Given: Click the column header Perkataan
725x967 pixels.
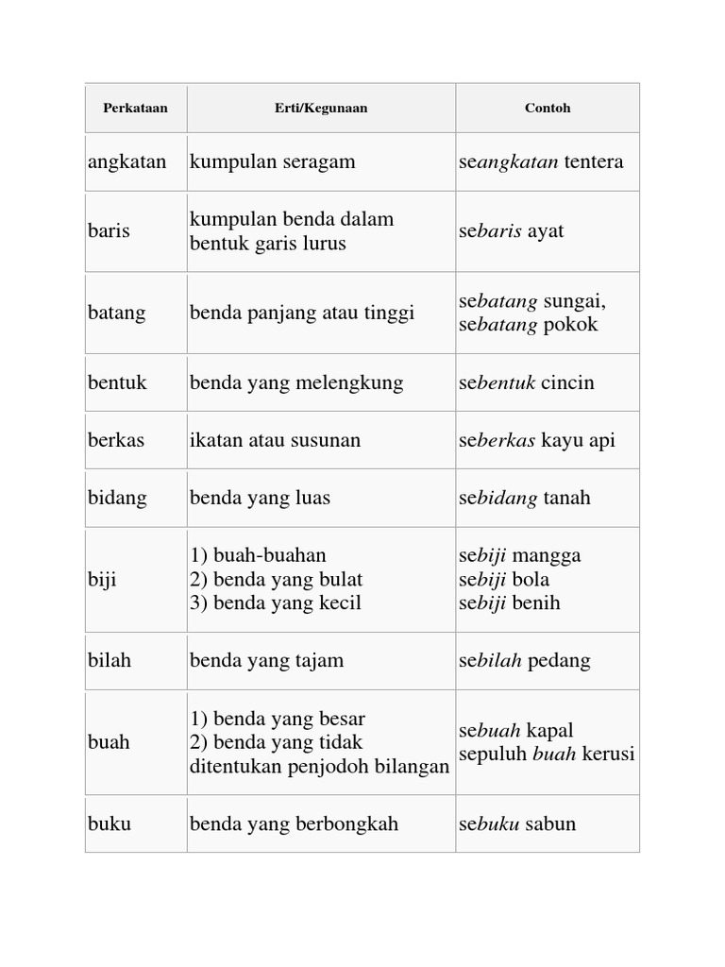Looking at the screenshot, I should (x=135, y=108).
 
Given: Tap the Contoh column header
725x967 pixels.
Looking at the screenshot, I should (x=548, y=108).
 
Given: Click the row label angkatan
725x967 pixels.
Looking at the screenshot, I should (x=126, y=161).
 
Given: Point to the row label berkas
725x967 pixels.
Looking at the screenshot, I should (x=116, y=440).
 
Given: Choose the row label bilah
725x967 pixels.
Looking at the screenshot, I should (x=110, y=660).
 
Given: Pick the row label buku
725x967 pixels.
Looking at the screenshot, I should (x=110, y=823).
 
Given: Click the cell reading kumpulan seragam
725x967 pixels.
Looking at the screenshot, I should (x=273, y=161).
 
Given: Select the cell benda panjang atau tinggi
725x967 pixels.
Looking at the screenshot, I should (x=302, y=313).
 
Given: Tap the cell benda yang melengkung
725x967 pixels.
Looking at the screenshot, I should (x=296, y=382).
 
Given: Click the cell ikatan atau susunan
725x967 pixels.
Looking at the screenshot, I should (x=275, y=440).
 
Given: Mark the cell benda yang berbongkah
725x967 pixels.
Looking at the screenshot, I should (x=294, y=823).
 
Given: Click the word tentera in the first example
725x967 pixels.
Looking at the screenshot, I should (x=594, y=161).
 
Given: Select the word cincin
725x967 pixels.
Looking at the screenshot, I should (x=567, y=382).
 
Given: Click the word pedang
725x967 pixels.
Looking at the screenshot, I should (x=560, y=660).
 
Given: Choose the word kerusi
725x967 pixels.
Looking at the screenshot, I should (x=608, y=755).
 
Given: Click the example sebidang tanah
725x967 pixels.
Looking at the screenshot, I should (x=525, y=498).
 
